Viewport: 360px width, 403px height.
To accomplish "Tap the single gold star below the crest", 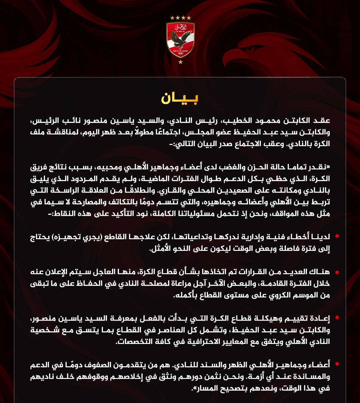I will (x=180, y=62).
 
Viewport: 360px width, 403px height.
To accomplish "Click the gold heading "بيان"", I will (x=180, y=98).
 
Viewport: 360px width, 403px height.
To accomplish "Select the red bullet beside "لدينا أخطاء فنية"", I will (x=337, y=236).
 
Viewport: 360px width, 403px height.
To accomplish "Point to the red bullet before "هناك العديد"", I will (x=337, y=272).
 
